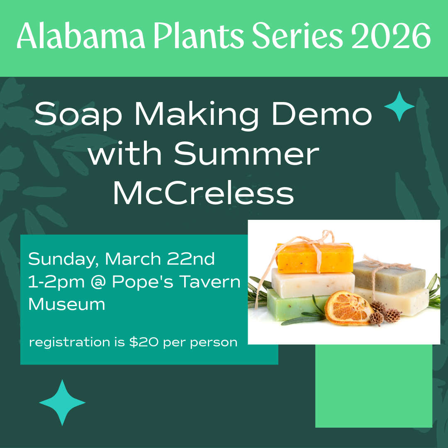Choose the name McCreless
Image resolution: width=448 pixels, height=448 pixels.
pos(203,193)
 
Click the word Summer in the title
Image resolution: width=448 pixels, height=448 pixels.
pos(246,154)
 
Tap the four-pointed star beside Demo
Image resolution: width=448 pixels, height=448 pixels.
pos(399,107)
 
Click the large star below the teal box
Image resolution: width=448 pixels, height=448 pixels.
pos(62,402)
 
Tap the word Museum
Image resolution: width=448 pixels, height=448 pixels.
pos(66,304)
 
